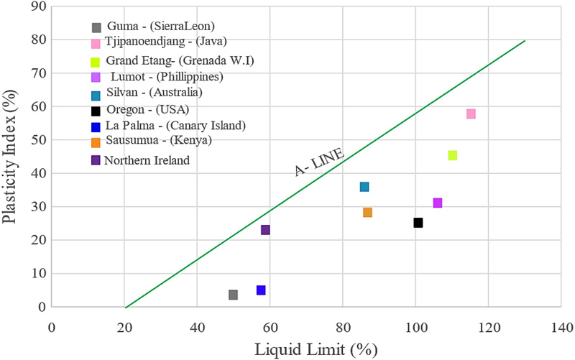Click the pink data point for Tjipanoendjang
[x=471, y=114]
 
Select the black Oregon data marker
[x=418, y=223]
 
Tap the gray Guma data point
[x=233, y=295]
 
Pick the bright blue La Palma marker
[x=261, y=290]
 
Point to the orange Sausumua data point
[x=367, y=213]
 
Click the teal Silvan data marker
[x=364, y=187]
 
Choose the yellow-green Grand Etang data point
[x=453, y=155]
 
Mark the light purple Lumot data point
[x=438, y=203]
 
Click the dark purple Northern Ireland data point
[x=265, y=230]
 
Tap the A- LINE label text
[x=321, y=162]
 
